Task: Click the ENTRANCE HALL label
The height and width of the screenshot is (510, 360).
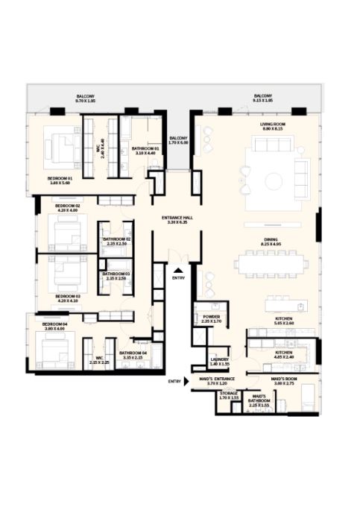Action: tap(177, 218)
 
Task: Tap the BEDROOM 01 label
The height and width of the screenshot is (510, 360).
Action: tap(60, 178)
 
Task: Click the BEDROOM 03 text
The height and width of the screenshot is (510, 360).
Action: tap(67, 296)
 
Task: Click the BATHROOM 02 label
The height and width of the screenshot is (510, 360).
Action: tap(116, 239)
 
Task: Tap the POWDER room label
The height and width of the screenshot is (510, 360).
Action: tap(211, 317)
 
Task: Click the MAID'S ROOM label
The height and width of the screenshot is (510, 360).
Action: tap(284, 380)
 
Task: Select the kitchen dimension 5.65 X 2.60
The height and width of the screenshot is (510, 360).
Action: tap(284, 324)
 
